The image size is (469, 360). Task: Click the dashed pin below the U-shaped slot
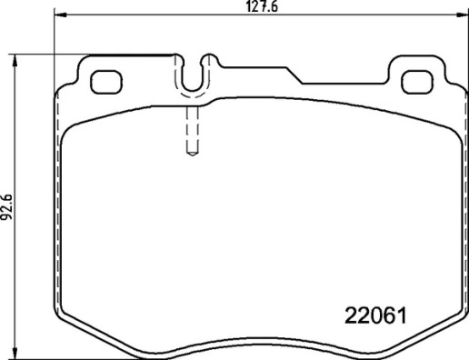tap(192, 132)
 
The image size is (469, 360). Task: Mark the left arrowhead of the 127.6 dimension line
tap(59, 15)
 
